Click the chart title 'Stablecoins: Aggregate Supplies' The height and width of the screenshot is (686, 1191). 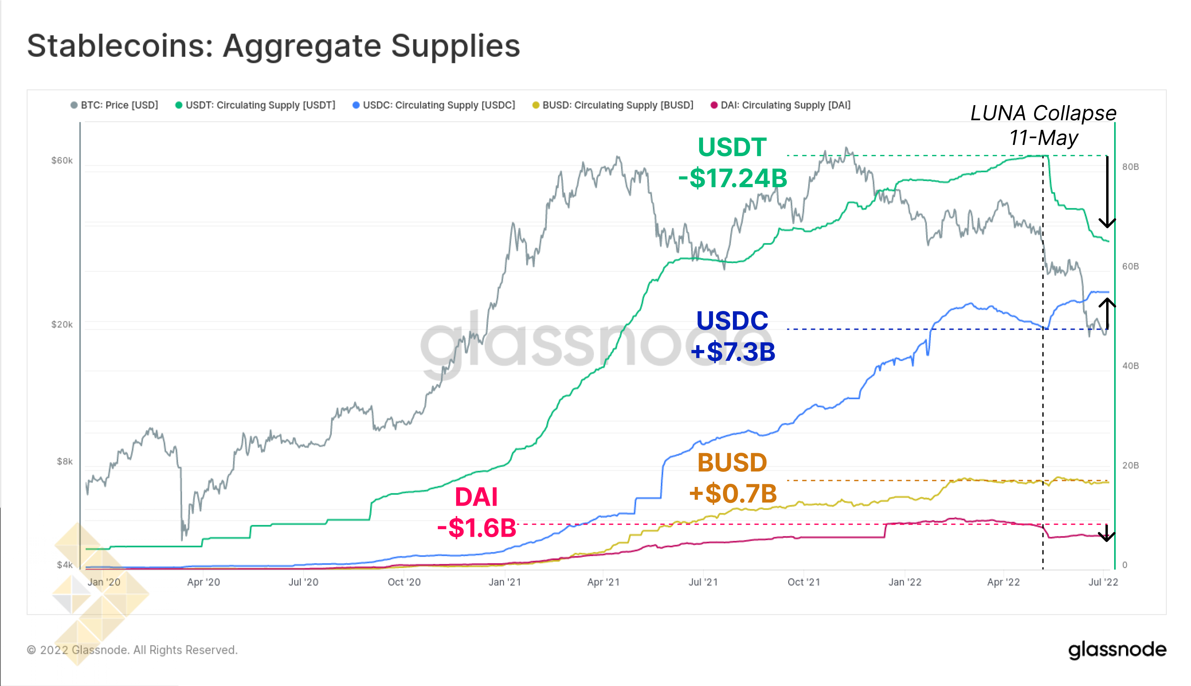273,46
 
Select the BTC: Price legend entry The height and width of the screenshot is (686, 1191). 115,105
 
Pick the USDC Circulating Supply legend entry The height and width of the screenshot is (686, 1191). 434,105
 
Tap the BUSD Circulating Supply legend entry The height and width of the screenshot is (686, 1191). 613,105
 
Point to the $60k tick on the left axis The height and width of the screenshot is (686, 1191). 62,161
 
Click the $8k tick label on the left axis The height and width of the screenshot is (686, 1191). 65,461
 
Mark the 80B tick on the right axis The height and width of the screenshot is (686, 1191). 1130,167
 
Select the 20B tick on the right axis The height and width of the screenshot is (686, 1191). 1130,465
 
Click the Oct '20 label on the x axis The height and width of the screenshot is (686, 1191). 404,582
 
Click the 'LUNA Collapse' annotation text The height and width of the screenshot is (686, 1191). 1043,113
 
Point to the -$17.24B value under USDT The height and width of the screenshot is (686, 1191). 733,178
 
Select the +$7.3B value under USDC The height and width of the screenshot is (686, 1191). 733,352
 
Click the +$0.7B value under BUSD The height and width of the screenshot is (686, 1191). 733,493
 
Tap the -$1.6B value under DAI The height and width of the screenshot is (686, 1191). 476,528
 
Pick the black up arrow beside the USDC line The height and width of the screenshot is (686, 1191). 1107,313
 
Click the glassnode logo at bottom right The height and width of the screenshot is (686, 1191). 1117,650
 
